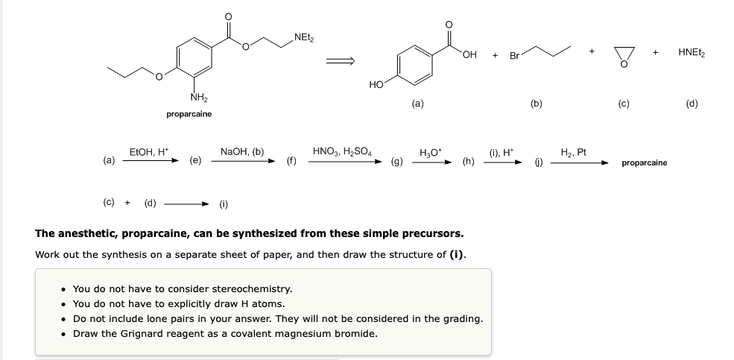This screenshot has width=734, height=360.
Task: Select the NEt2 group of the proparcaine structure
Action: pos(304,38)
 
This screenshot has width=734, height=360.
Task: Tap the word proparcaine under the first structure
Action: pos(189,114)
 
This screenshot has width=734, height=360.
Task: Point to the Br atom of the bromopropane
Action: pos(514,56)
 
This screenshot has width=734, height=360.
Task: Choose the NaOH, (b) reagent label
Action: pos(242,151)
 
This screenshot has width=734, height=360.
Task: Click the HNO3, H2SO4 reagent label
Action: pos(342,151)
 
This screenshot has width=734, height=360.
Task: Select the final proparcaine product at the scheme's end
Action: pos(645,162)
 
